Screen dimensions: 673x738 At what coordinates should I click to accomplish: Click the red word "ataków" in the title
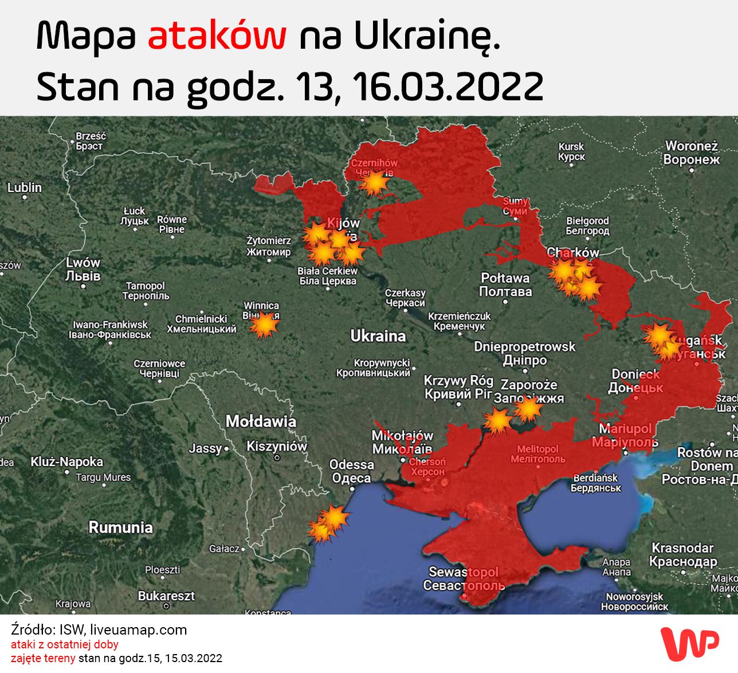pos(217,36)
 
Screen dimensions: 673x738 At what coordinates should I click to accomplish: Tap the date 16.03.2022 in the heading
pos(447,87)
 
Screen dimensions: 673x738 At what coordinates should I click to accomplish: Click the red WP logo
pos(689,643)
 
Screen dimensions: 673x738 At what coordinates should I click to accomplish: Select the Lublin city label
pos(25,188)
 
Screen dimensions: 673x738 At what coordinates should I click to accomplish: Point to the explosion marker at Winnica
pos(264,325)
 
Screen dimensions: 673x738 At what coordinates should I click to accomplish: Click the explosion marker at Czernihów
pos(374,183)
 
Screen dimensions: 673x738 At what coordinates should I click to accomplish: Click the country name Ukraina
pos(378,336)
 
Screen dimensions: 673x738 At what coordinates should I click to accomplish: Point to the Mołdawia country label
pos(261,421)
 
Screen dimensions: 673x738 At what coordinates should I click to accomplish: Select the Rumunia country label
pos(120,527)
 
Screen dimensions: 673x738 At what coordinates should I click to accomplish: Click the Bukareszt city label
pos(166,596)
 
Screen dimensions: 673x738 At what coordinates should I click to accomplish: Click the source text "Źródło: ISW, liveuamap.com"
pos(99,630)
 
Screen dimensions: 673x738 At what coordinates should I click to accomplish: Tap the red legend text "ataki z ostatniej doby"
pos(65,644)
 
